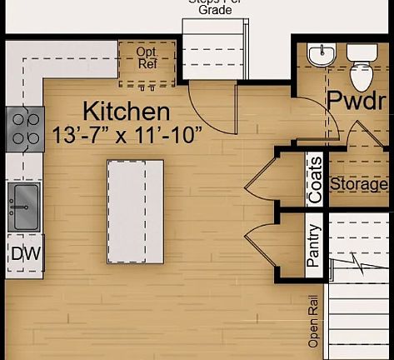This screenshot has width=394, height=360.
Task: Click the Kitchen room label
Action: (127, 111)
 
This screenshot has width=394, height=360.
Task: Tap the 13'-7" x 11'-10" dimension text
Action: (126, 133)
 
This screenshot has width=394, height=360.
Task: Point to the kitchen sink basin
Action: (23, 204)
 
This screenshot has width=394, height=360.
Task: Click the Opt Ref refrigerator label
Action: (146, 57)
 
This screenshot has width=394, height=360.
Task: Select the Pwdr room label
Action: (357, 100)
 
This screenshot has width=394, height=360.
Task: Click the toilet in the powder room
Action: (361, 68)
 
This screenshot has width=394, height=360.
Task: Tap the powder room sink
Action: (320, 55)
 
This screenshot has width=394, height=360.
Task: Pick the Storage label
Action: (359, 184)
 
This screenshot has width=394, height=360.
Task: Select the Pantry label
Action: (314, 245)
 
